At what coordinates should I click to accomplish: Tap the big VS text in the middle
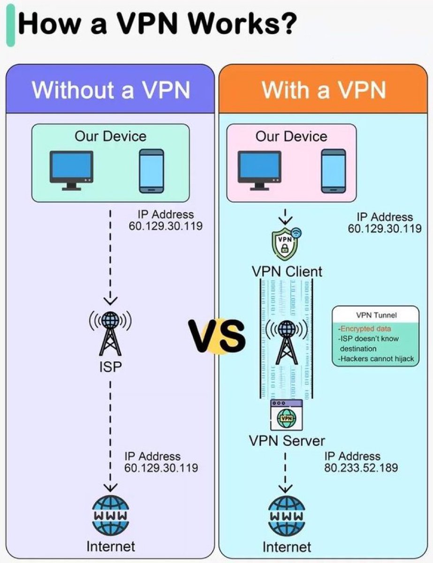coord(217,336)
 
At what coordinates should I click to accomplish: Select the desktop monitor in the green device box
coord(71,169)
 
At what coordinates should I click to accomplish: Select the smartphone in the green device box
coord(151,171)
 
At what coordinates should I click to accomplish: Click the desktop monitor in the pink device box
coord(259,169)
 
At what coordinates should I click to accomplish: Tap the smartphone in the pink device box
coord(333,171)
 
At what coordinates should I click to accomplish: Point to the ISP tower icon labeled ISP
coord(110,333)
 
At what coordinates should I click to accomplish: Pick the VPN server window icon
coord(287,415)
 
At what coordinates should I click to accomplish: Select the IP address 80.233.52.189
coord(361,468)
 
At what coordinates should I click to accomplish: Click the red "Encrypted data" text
coord(365,329)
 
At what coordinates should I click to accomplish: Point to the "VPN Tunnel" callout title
coord(376,315)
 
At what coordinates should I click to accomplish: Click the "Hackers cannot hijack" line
coord(376,359)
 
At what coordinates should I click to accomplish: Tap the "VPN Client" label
coord(287,271)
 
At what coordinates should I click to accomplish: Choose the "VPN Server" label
coord(287,441)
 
